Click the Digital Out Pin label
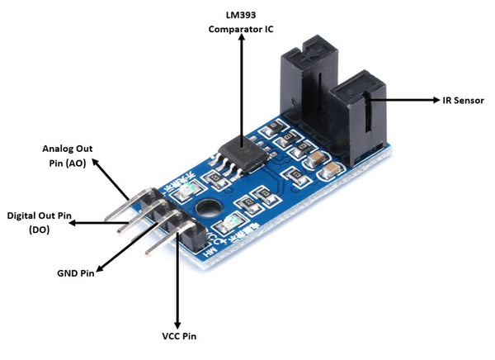click(x=40, y=216)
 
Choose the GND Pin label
click(x=75, y=272)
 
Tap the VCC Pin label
click(x=178, y=336)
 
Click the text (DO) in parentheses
click(x=39, y=230)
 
